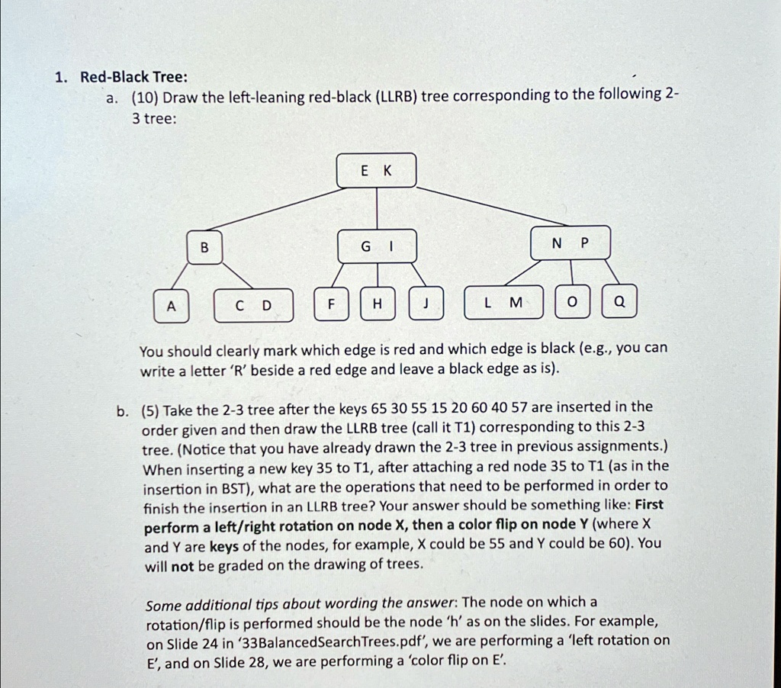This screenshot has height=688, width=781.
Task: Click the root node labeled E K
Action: (x=376, y=171)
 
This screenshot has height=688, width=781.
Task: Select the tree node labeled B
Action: (x=204, y=246)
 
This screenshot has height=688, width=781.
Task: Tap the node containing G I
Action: (x=376, y=246)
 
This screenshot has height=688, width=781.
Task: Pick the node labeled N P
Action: (x=570, y=243)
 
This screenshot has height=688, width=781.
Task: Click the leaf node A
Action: (x=171, y=305)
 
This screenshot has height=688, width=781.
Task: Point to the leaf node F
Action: (x=331, y=305)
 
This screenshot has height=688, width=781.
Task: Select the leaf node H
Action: (x=377, y=305)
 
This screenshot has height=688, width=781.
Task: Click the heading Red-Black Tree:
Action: (x=123, y=77)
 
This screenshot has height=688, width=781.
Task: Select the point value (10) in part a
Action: (x=144, y=98)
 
